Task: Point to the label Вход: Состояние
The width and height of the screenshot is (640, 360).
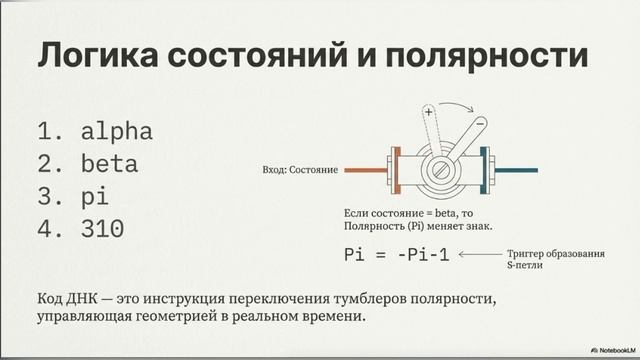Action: pyautogui.click(x=299, y=171)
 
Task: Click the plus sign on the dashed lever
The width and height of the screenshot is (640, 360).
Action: pyautogui.click(x=428, y=115)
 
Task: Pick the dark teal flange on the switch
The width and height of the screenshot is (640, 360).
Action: pyautogui.click(x=486, y=171)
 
